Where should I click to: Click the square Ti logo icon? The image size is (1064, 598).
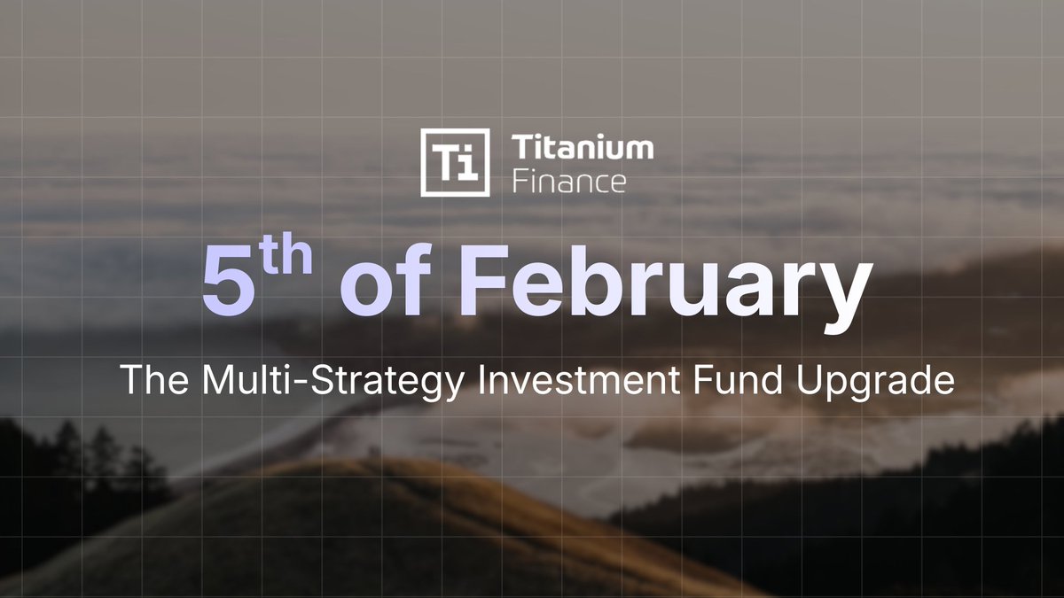455,162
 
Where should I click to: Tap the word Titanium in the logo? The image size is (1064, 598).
583,149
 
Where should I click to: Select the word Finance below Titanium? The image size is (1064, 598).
568,182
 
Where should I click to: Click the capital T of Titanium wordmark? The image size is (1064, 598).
521,149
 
